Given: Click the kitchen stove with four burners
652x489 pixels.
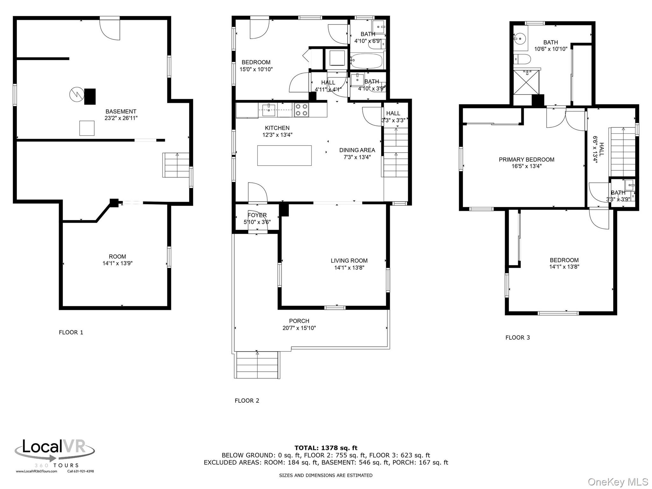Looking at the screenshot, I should pos(301,110).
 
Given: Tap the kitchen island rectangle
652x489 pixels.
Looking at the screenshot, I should pos(284,155).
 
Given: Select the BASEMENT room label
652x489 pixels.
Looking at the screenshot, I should pos(121,111).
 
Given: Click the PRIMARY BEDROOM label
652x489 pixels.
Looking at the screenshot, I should pos(526,159).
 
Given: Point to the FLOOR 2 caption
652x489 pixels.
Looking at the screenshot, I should pos(247,400).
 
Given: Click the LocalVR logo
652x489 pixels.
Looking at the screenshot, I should pos(54,452).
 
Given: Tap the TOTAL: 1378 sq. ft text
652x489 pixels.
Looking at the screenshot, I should pos(326,448).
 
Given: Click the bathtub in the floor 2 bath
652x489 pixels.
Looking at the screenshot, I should pos(367,61).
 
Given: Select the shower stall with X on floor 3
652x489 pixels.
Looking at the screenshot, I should pos(526,82).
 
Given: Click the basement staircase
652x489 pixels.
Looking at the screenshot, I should pos(176,165).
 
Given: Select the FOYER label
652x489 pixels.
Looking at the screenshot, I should pos(257,215).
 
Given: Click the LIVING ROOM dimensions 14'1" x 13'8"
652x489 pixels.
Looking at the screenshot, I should pos(349,268).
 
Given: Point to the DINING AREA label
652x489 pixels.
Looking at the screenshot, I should pos(357,150).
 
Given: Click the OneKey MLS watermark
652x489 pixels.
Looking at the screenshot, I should pos(618,482).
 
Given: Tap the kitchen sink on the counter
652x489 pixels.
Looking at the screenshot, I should pos(269,110).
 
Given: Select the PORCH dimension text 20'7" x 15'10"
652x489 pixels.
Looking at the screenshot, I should pos(299,328).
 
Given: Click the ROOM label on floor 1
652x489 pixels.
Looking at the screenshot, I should pos(117,256).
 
